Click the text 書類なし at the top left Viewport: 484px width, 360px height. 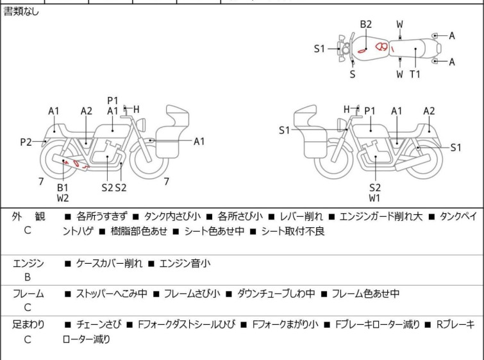[21, 12]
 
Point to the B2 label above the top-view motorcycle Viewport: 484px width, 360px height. [365, 24]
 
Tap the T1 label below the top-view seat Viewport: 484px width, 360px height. [415, 74]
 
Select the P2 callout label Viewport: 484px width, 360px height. [26, 142]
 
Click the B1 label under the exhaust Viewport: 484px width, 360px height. [63, 187]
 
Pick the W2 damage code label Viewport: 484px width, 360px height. [63, 198]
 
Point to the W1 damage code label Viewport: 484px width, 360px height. [374, 198]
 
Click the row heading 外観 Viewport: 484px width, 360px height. [28, 217]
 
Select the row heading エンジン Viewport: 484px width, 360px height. [28, 263]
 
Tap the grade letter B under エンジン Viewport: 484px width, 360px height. [28, 277]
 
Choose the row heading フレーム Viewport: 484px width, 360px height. [28, 294]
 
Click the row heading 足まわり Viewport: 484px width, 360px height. [28, 325]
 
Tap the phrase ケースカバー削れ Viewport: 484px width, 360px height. [110, 263]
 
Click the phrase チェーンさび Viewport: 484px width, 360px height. [96, 325]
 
